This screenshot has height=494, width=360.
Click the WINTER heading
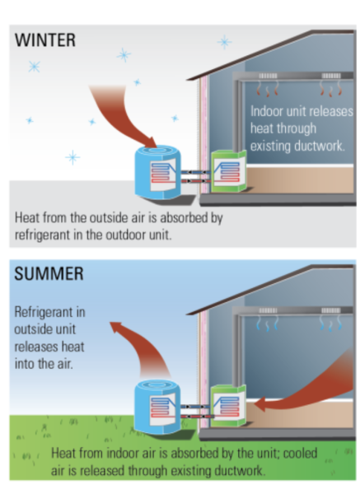pyautogui.click(x=45, y=40)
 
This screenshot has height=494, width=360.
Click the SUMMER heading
pyautogui.click(x=49, y=273)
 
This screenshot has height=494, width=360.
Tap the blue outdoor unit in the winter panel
pyautogui.click(x=157, y=172)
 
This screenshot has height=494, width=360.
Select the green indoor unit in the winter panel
pyautogui.click(x=228, y=171)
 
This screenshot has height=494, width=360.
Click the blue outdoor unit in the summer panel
pyautogui.click(x=157, y=407)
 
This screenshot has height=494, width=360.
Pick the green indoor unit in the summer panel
pyautogui.click(x=228, y=405)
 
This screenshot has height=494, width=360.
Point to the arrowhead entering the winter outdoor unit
pyautogui.click(x=152, y=142)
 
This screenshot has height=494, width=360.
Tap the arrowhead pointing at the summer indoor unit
pyautogui.click(x=259, y=404)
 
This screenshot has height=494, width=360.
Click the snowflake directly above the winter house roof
pyautogui.click(x=224, y=42)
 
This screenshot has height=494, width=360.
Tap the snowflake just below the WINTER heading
pyautogui.click(x=35, y=67)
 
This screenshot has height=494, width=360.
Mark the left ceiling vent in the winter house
pyautogui.click(x=268, y=76)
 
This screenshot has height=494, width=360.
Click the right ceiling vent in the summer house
pyautogui.click(x=330, y=310)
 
